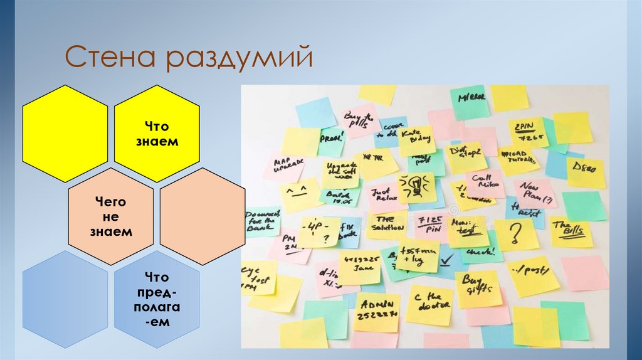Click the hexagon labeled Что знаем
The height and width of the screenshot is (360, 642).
157,134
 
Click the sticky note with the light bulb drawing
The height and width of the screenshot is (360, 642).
415,187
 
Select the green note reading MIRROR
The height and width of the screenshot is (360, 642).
470,101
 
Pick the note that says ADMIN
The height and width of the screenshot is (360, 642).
376,311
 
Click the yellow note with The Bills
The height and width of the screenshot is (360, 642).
571,231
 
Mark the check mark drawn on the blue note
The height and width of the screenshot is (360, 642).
447,259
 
